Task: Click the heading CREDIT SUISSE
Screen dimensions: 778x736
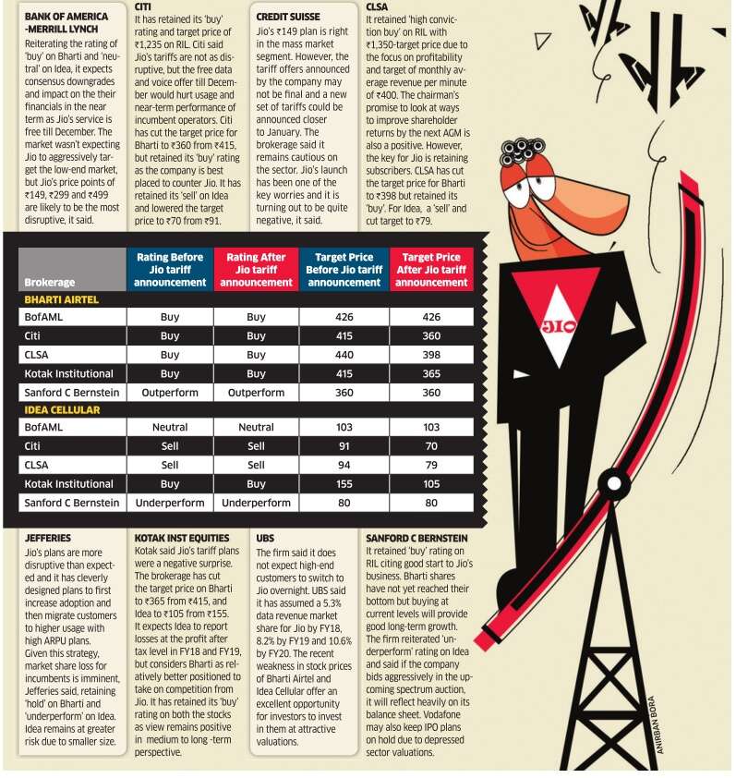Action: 288,17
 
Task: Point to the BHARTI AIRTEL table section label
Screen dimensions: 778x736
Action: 62,300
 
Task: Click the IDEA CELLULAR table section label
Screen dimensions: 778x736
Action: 62,410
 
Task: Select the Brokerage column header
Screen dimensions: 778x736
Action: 50,283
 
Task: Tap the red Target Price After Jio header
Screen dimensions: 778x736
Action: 431,270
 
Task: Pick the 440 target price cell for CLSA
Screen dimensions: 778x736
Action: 344,354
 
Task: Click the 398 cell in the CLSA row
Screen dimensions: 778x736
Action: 431,354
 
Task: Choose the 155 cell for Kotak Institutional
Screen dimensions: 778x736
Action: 344,483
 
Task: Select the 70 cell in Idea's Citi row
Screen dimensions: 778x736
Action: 431,446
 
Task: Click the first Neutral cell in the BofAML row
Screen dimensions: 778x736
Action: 170,428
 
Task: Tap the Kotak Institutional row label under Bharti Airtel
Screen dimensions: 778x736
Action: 70,373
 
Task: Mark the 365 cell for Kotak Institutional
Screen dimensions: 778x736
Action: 431,373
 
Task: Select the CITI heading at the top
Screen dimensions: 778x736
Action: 143,6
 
